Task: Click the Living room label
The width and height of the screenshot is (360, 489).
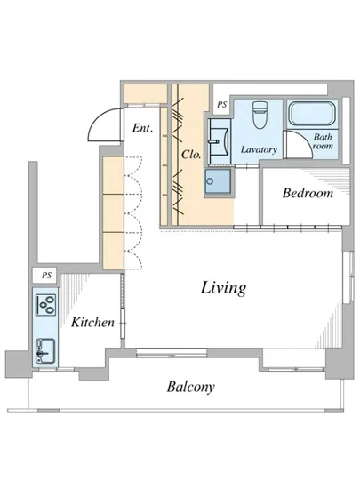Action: (x=223, y=288)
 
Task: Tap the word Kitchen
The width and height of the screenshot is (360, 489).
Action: (x=92, y=322)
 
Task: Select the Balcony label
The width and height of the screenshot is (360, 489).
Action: (x=191, y=388)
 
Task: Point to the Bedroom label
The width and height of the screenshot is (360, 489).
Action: (x=308, y=193)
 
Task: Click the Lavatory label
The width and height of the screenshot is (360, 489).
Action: (x=259, y=149)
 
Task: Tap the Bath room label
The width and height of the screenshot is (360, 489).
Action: (x=323, y=141)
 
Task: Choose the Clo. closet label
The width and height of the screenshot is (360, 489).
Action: (x=191, y=154)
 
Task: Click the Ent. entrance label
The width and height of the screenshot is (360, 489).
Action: (x=142, y=128)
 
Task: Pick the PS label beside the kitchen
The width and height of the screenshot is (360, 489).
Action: (x=47, y=276)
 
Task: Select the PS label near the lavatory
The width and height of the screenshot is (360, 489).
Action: (x=222, y=105)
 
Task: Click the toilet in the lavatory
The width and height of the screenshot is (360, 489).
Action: (x=259, y=115)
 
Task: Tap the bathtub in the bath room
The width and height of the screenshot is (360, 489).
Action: (x=312, y=114)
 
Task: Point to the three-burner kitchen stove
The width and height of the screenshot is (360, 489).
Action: (x=46, y=305)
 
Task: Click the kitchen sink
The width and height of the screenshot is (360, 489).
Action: (x=45, y=351)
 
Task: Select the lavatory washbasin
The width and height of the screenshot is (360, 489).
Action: (x=220, y=141)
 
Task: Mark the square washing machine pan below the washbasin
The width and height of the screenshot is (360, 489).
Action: (x=218, y=181)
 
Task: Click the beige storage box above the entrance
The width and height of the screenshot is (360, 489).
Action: (x=146, y=93)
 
